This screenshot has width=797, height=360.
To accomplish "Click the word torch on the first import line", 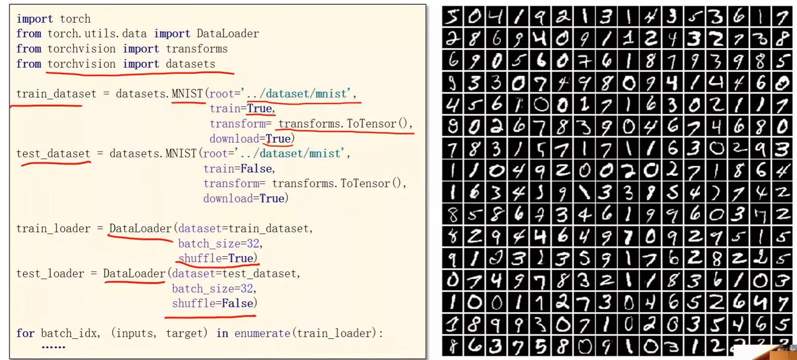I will (x=75, y=19).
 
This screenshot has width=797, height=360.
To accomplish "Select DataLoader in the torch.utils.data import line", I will (x=227, y=34).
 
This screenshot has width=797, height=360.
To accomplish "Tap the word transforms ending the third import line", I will (x=197, y=49).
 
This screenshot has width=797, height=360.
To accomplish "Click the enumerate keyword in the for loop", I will (x=262, y=333).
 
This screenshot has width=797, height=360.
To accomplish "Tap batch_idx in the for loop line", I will (x=70, y=333).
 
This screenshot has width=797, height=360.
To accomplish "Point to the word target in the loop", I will (x=186, y=333).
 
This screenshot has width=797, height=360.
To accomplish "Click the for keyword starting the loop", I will (x=25, y=333).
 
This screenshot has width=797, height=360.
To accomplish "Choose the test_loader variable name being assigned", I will (x=50, y=274).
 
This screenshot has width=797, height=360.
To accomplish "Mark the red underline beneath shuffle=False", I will (x=210, y=317).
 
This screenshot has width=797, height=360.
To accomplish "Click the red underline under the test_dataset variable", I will (x=56, y=164).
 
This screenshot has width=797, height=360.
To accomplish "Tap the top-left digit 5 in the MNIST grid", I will (x=452, y=16).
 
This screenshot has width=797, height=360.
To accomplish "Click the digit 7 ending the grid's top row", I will (x=782, y=16).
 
